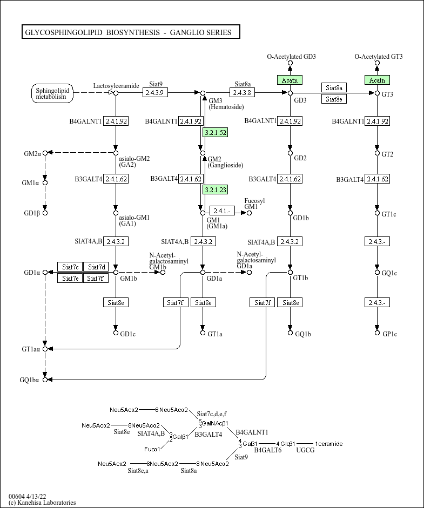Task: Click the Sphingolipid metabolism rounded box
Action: pos(51,93)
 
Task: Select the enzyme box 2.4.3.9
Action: pos(156,93)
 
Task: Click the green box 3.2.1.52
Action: pos(215,132)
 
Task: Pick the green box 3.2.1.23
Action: pos(215,189)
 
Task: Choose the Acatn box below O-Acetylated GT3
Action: pos(377,80)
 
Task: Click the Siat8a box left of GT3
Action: pos(334,87)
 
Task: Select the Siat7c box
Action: pos(70,267)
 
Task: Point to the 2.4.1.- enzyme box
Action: pos(222,211)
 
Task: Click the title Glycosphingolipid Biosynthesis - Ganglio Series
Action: pos(130,32)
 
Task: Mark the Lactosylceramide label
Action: pos(116,85)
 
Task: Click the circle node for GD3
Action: pos(290,93)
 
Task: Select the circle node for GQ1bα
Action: pos(45,380)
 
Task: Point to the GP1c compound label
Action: pos(389,334)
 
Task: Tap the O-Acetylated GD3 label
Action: pos(292,57)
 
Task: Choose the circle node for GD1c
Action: pos(116,333)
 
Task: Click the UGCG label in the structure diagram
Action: pos(305,450)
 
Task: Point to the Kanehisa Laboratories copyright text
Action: pos(42,503)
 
